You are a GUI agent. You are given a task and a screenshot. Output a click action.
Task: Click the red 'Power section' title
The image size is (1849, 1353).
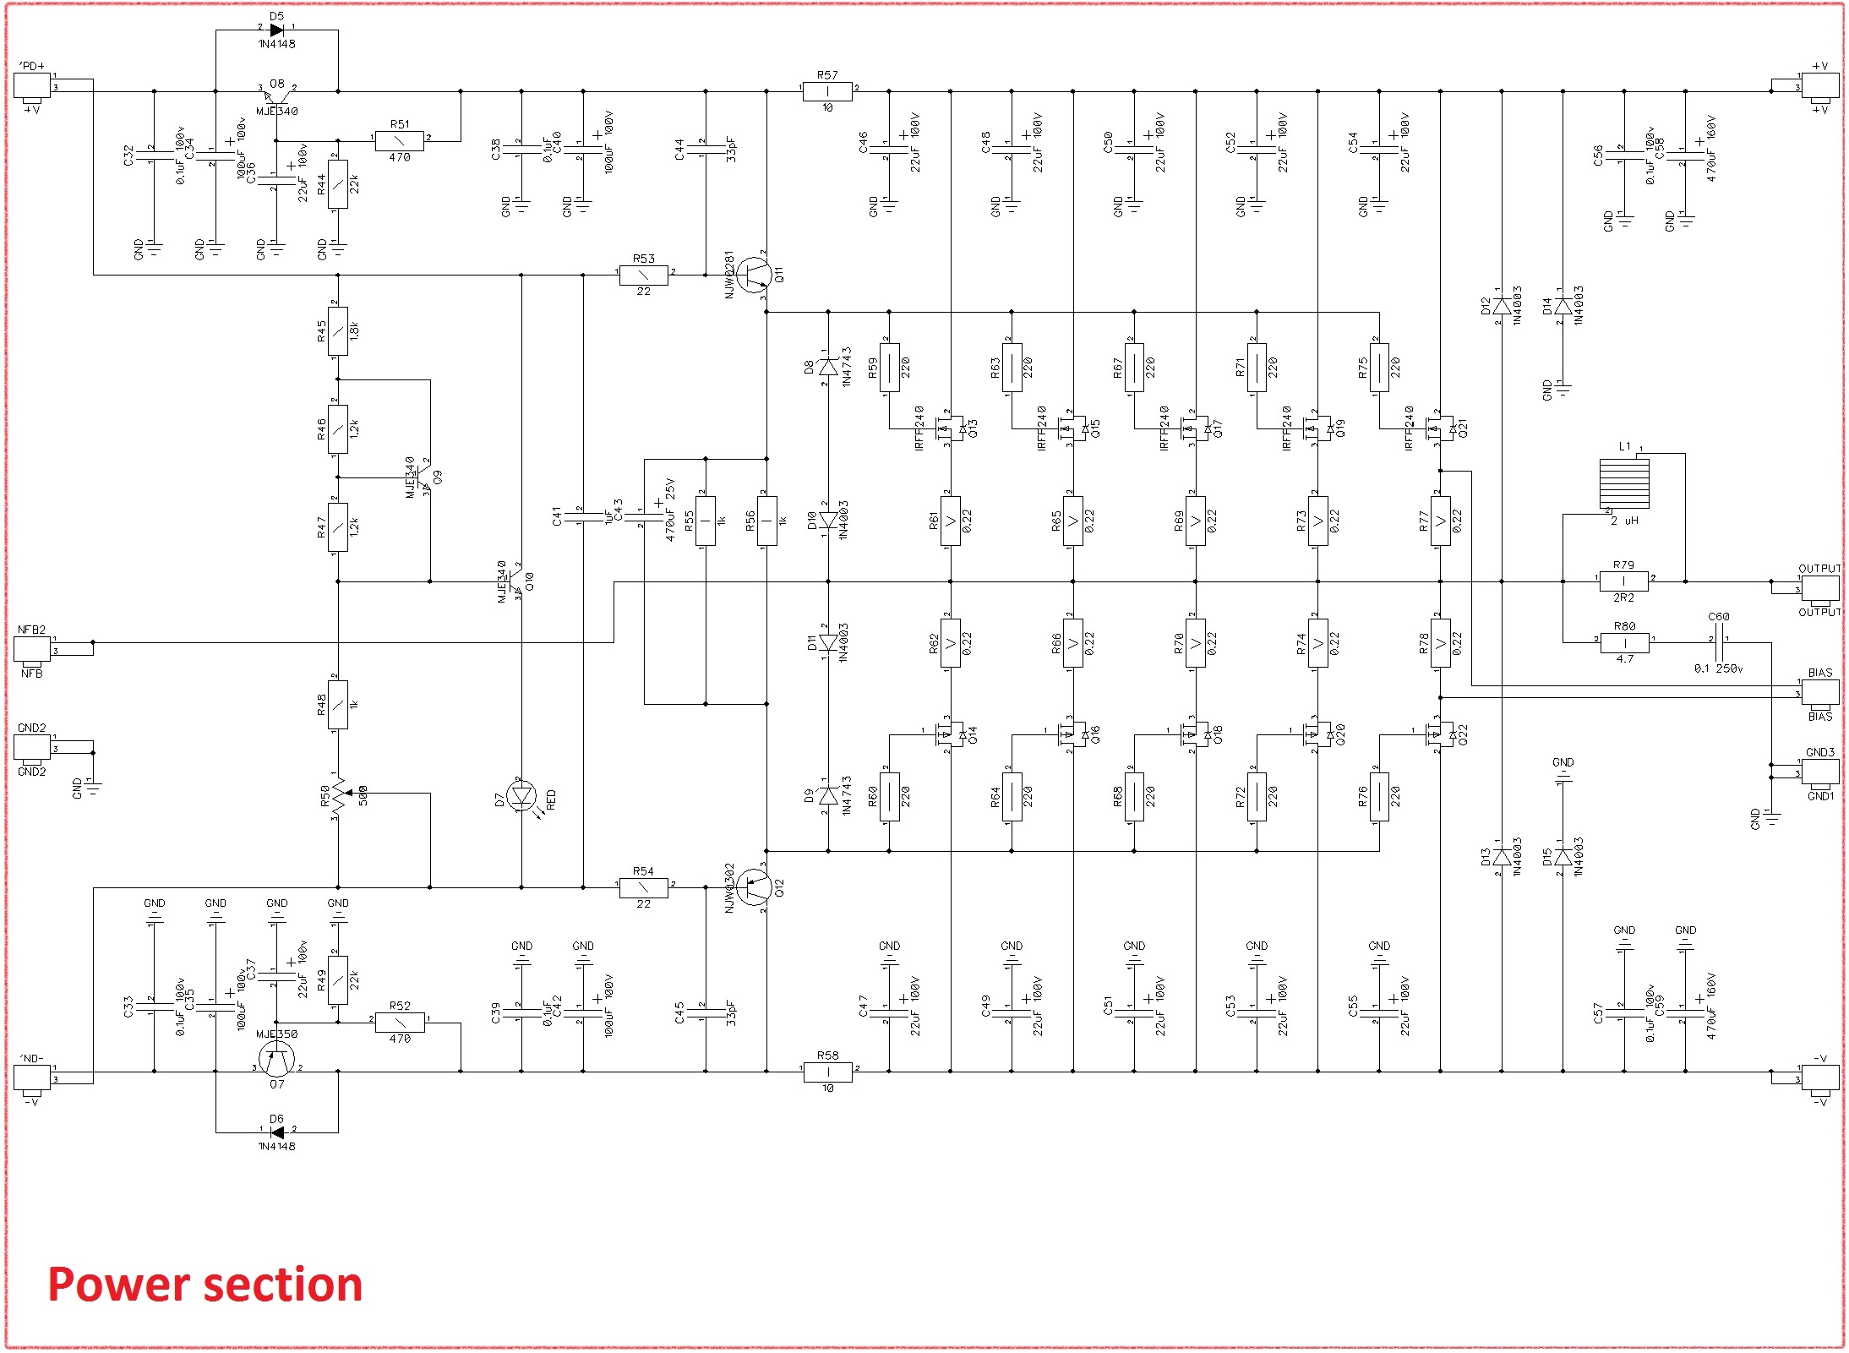[x=205, y=1285]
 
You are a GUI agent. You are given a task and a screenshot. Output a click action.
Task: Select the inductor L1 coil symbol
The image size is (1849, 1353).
[x=1623, y=483]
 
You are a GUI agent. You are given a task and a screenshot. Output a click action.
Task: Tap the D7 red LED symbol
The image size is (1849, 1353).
[x=521, y=796]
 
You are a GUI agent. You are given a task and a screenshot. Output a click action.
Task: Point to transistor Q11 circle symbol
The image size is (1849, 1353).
[x=751, y=275]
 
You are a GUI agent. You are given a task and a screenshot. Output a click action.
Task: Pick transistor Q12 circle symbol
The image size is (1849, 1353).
[x=751, y=887]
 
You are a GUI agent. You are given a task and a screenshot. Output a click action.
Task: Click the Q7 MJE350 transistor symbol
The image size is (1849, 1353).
[x=276, y=1058]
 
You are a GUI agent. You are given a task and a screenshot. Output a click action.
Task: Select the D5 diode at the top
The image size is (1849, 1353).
[x=276, y=30]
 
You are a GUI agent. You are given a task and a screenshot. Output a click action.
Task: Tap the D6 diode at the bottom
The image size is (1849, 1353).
[x=276, y=1132]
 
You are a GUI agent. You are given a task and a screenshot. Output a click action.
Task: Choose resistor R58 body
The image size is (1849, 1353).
[x=827, y=1072]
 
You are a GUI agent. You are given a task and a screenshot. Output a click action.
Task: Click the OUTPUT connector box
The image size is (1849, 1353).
[x=1819, y=588]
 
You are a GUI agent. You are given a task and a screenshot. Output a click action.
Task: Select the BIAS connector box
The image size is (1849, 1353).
[x=1819, y=693]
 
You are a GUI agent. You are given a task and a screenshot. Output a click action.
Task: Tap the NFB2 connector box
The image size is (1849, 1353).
[x=32, y=649]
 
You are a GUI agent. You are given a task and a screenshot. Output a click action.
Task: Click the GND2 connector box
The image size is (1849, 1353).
[x=32, y=747]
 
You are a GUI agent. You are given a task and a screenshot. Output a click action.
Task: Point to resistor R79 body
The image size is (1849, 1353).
[x=1623, y=581]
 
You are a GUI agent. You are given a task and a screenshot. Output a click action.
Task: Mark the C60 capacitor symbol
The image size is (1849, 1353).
[x=1718, y=642]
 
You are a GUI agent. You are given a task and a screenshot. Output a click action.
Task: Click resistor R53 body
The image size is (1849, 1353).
[x=643, y=275]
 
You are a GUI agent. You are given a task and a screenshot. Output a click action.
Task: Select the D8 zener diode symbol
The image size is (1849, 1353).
[x=828, y=367]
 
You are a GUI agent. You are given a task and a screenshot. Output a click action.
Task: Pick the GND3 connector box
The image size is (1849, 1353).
[x=1819, y=771]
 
